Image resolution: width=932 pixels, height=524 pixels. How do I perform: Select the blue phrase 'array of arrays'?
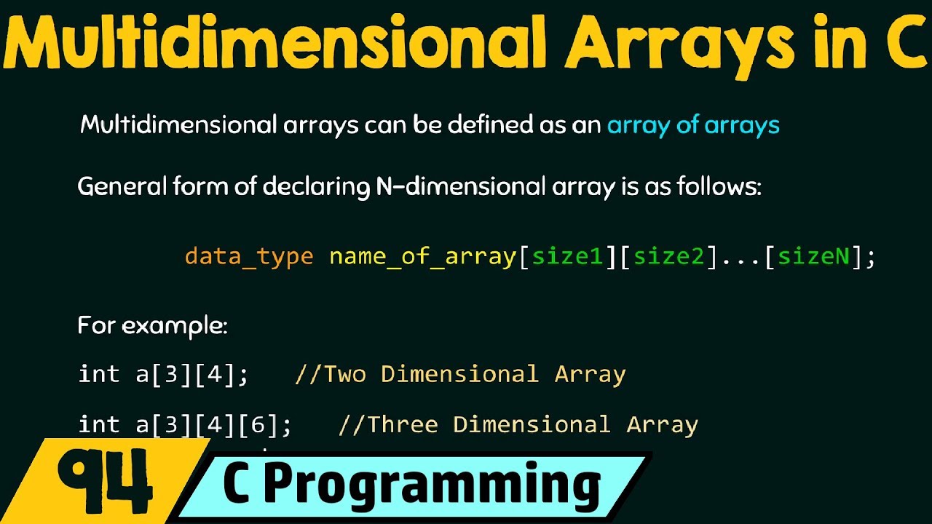click(693, 125)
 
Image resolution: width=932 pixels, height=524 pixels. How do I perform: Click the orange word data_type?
click(249, 256)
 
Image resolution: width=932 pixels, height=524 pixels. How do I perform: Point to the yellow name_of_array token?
click(422, 256)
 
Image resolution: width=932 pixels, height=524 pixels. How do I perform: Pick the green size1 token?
click(568, 256)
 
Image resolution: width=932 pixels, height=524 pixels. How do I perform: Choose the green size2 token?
click(669, 256)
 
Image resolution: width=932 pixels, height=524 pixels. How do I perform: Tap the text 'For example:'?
click(152, 325)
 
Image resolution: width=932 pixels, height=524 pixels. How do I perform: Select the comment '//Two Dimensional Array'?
click(460, 374)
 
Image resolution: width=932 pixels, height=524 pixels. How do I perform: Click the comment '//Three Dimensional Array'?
click(518, 424)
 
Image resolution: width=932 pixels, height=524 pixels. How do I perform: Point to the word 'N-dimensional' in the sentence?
click(459, 188)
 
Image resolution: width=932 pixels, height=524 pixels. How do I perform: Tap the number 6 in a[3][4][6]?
click(257, 425)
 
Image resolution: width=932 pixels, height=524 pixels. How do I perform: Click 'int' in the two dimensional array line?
click(99, 374)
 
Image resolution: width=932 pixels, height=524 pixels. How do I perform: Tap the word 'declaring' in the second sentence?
click(316, 188)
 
